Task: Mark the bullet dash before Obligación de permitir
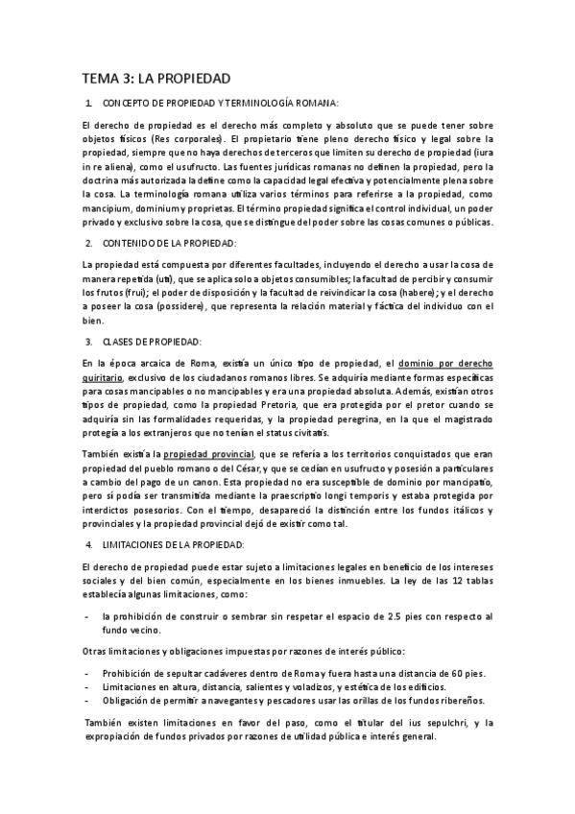[x=87, y=701]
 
